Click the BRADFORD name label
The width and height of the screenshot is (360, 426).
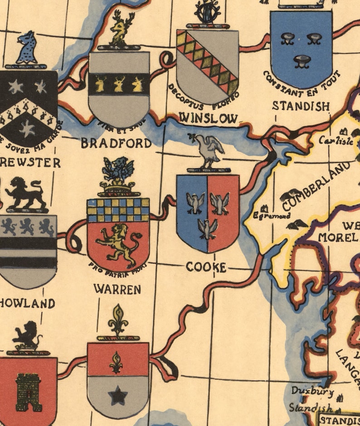click(116, 143)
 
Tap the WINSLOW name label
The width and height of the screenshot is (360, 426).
click(209, 119)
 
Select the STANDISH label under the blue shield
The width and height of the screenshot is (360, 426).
click(301, 106)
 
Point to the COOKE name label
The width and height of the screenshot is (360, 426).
click(206, 267)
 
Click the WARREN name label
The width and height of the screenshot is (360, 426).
click(117, 289)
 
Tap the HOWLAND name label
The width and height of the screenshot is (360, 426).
click(27, 303)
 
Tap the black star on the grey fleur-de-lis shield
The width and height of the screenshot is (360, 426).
click(118, 397)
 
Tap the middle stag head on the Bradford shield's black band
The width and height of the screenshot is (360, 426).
click(119, 84)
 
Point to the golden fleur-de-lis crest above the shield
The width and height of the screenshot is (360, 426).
click(118, 320)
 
